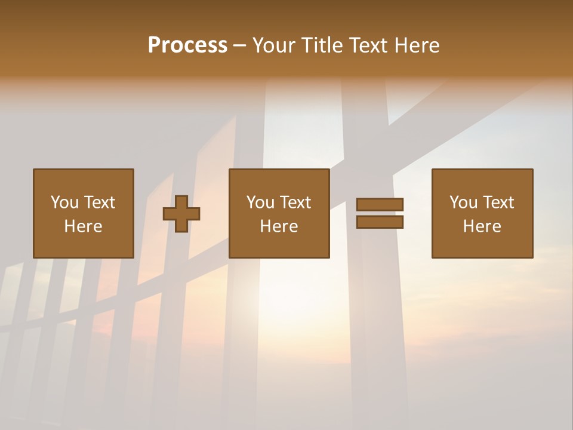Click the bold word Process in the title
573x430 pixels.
click(187, 45)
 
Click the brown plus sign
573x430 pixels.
click(181, 214)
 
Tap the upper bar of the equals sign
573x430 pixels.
click(380, 204)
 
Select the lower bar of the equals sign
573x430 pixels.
click(380, 222)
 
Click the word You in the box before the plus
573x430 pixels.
click(64, 202)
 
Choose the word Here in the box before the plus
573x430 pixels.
click(83, 226)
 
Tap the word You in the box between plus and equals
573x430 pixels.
click(260, 202)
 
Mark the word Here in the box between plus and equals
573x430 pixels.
click(279, 226)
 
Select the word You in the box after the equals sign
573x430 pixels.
click(463, 202)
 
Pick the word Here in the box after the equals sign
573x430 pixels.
click(482, 226)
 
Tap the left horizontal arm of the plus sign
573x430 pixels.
click(169, 214)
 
